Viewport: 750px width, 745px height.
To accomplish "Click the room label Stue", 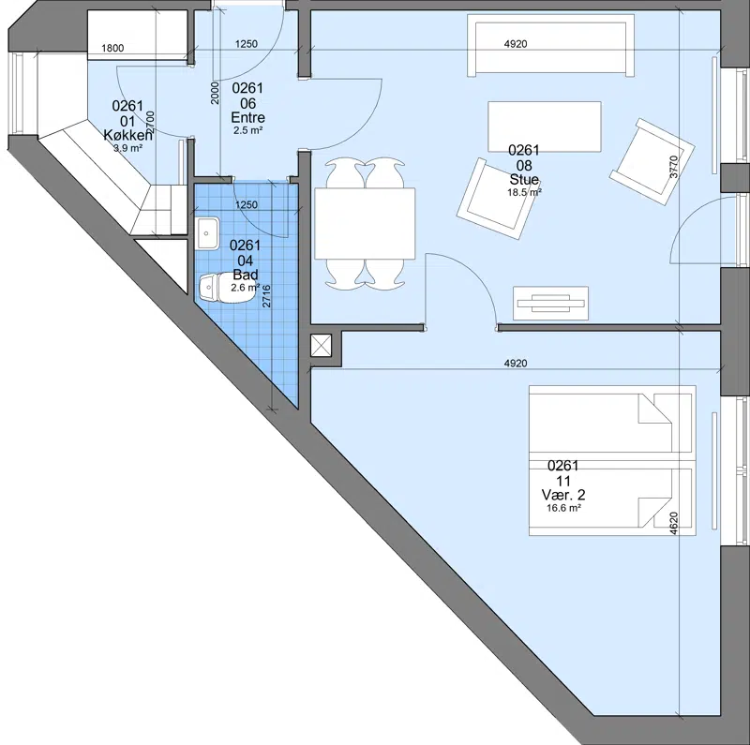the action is coord(524,179).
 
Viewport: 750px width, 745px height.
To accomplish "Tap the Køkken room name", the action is coord(128,135).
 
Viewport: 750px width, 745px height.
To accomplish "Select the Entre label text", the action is coord(247,117).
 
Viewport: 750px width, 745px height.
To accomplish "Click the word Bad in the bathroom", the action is coord(246,275).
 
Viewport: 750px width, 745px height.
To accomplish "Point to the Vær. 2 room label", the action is coord(563,495).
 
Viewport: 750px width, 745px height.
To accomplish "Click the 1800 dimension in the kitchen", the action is coord(112,48).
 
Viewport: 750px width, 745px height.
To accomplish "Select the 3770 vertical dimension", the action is coord(674,167).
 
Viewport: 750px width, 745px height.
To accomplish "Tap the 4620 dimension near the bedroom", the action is coord(673,523).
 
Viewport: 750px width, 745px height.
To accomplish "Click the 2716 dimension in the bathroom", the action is coord(266,296).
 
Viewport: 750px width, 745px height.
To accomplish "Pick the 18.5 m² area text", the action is coord(524,192).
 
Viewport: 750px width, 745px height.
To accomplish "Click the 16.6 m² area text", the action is coord(564,508).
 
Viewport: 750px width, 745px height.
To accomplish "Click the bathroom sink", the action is coord(206,233).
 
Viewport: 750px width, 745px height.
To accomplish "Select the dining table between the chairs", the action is coord(365,223).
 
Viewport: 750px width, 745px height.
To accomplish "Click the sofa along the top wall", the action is coord(550,45).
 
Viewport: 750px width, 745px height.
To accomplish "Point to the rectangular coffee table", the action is coord(545,127).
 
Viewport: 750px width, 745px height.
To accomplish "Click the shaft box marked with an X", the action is coord(321,345).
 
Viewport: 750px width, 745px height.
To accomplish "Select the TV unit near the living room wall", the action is coord(550,304).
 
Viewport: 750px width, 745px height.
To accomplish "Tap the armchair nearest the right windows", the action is coord(652,162).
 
